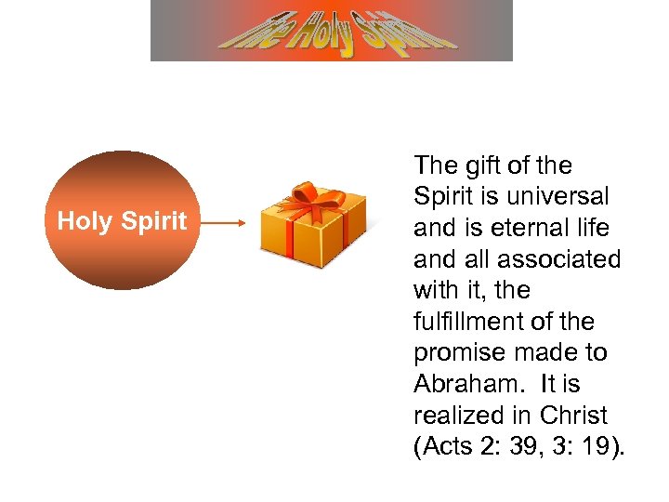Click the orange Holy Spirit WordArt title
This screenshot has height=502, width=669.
pyautogui.click(x=332, y=31)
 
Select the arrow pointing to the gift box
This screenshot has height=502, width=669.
pyautogui.click(x=223, y=223)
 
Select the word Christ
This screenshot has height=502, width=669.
pyautogui.click(x=575, y=416)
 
